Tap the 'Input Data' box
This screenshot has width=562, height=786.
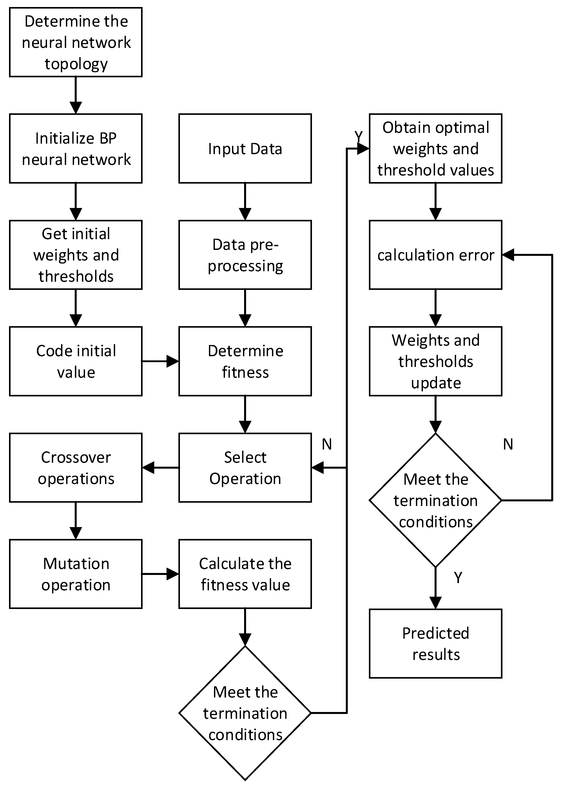coord(245,148)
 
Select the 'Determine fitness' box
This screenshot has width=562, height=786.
coord(245,361)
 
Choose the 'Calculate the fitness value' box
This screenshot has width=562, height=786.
coord(245,574)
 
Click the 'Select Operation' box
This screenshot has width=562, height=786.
coord(245,468)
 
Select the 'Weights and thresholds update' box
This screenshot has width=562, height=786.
coord(435,361)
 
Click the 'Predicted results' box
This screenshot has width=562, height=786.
coord(435,644)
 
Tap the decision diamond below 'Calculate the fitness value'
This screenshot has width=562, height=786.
coord(245,713)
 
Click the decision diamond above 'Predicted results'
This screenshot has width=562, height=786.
coord(435,500)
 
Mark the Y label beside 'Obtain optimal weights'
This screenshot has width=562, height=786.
coord(359,137)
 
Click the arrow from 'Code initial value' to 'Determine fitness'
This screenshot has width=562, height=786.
coord(160,361)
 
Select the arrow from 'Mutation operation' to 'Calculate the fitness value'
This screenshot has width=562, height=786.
coord(160,574)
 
